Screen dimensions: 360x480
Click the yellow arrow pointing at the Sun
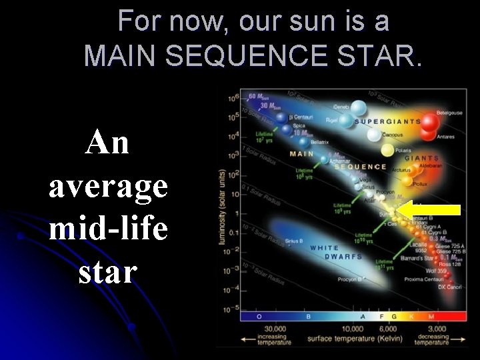coord(433,210)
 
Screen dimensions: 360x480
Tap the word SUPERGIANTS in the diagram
coord(387,122)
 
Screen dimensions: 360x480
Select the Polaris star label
coord(403,151)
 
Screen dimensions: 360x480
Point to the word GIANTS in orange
coord(422,159)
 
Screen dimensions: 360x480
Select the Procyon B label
coord(349,279)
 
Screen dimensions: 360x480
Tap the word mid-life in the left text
coord(108,229)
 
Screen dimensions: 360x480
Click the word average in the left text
coord(108,186)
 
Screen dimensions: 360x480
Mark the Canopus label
coord(393,135)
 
